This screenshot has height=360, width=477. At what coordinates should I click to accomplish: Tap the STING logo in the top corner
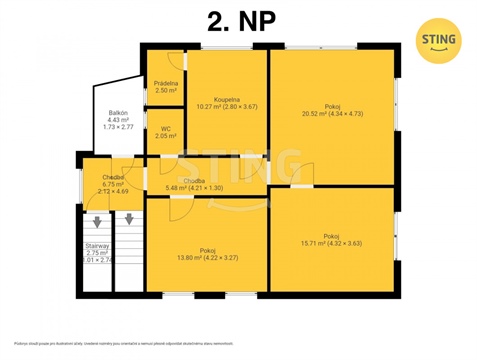click(439, 41)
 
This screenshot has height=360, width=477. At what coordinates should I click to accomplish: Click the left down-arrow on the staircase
click(97, 222)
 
